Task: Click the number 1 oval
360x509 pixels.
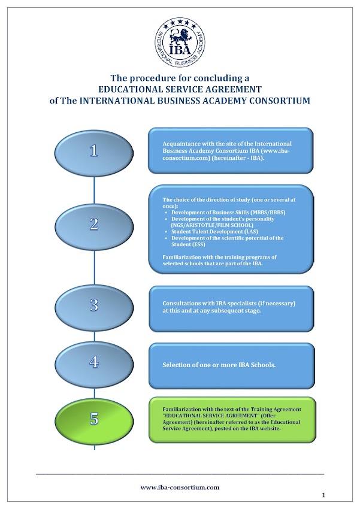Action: [94, 151]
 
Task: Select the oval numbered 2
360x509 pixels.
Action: [94, 225]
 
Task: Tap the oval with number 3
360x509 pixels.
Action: [94, 305]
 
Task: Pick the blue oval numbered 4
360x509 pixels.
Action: [94, 362]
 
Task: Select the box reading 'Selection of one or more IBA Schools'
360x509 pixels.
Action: [231, 365]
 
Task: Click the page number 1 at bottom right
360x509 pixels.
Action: [323, 495]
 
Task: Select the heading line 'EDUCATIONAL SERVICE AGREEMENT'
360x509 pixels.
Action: [180, 89]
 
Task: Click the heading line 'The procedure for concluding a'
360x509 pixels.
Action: [180, 78]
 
